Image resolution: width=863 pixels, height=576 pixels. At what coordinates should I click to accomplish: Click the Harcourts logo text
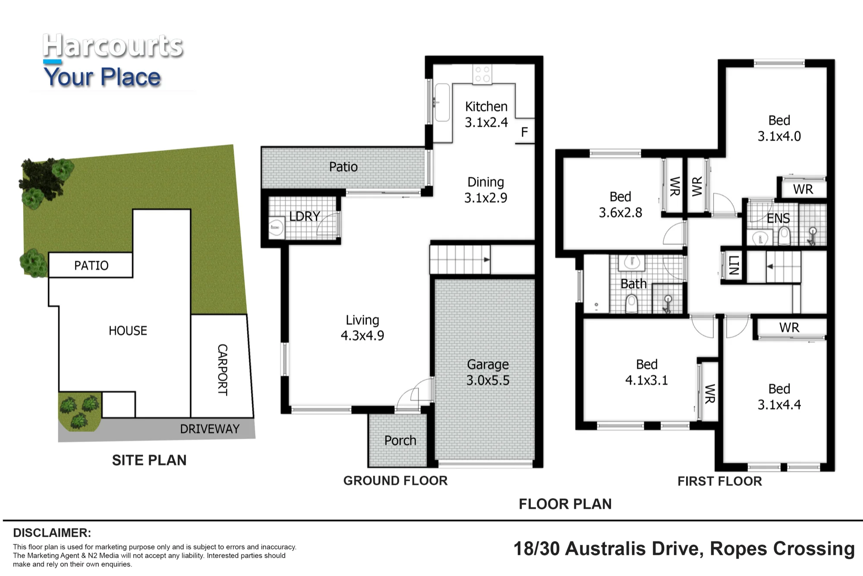coord(113,46)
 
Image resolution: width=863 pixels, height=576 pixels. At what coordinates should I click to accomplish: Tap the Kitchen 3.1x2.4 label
coord(486,114)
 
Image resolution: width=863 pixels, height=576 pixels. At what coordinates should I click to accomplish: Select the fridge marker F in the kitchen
coord(524,132)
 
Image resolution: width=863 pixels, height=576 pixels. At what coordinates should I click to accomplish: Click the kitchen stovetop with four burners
coord(482,74)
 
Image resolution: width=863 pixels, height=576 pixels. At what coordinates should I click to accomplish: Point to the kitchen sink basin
coord(442,102)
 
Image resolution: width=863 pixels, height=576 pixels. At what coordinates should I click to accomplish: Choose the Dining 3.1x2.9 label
coord(485,190)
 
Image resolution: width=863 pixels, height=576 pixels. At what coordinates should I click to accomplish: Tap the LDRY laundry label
coord(305,216)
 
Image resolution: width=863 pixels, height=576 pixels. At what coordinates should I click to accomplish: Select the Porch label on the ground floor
coord(400,440)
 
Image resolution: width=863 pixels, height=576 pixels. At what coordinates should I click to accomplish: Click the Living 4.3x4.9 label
coord(362,328)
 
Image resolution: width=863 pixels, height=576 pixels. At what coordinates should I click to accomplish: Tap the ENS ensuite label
coord(778,218)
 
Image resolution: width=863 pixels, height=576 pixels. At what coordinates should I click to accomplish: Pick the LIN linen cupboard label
coord(734,265)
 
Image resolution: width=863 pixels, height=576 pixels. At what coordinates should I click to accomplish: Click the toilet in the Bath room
coord(632,303)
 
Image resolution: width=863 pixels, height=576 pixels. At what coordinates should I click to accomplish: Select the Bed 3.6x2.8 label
coord(620,205)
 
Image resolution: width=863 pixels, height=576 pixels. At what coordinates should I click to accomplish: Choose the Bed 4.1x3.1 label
coord(646,372)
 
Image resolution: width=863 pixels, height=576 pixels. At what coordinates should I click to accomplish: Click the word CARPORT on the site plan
coord(222,370)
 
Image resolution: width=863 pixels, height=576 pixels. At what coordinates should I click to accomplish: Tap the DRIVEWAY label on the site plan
coord(210,429)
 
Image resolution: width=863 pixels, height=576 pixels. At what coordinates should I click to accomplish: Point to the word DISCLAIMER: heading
coord(52,533)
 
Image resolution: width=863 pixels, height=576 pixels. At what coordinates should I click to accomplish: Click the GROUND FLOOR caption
coord(395,481)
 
